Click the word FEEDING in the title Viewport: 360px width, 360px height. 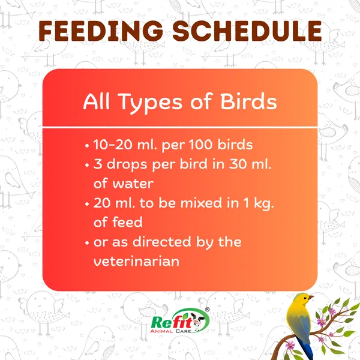click(x=101, y=31)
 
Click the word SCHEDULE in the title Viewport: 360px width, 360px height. click(x=247, y=31)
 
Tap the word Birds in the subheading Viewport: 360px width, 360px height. click(x=248, y=101)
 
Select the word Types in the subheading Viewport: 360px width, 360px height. click(x=151, y=103)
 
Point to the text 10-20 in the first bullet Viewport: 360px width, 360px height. click(x=113, y=145)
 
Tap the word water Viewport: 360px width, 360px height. click(x=133, y=184)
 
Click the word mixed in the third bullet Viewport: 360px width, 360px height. click(x=201, y=203)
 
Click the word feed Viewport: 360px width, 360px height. click(x=127, y=222)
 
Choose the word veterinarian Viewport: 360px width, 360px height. click(x=136, y=261)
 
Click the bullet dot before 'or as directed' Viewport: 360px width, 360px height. click(x=87, y=243)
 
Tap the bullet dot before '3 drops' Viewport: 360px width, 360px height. click(x=87, y=166)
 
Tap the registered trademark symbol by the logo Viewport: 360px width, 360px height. click(x=207, y=310)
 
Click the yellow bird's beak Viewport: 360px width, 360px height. click(x=311, y=298)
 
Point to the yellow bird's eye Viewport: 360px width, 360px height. click(x=305, y=298)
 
